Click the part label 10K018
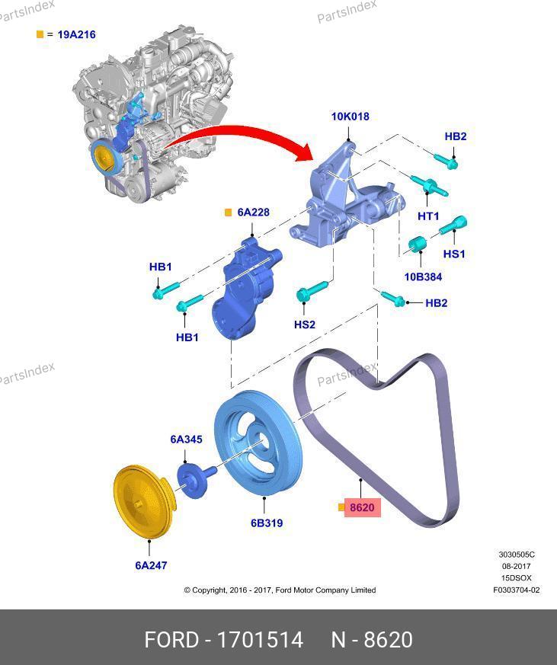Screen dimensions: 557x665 (x=350, y=117)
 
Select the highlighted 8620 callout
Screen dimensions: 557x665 (x=362, y=507)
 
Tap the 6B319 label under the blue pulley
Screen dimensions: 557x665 (x=267, y=523)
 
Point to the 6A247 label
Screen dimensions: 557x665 (x=151, y=565)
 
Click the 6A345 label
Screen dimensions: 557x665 (x=186, y=440)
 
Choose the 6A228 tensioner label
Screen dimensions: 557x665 (x=253, y=212)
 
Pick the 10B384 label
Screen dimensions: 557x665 (x=423, y=277)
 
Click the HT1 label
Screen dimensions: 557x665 (x=428, y=216)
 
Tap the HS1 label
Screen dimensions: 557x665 (x=454, y=254)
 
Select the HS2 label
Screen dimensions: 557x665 (x=305, y=325)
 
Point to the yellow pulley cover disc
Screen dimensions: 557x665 (x=143, y=502)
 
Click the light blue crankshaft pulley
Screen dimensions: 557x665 (x=258, y=443)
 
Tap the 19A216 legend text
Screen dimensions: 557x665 (x=76, y=34)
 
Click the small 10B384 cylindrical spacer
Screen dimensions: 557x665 (x=417, y=244)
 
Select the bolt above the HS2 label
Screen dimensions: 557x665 (x=312, y=290)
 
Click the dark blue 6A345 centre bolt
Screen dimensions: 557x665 (x=196, y=479)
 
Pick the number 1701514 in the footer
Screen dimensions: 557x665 (x=260, y=640)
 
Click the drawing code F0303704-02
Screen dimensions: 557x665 (x=517, y=590)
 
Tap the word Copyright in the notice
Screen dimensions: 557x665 (x=209, y=590)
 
